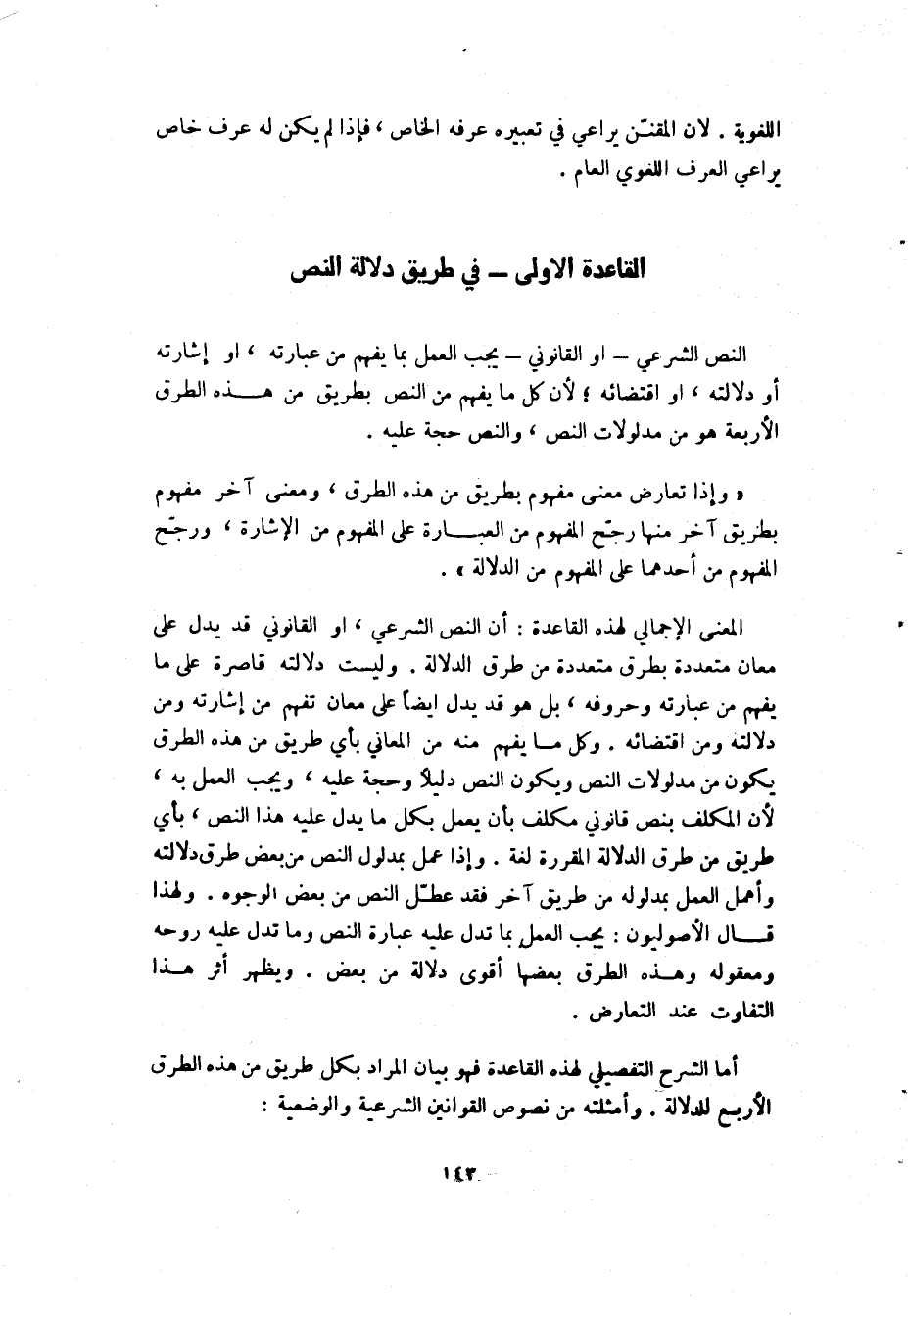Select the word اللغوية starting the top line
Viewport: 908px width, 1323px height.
744,129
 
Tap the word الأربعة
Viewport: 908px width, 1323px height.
748,432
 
